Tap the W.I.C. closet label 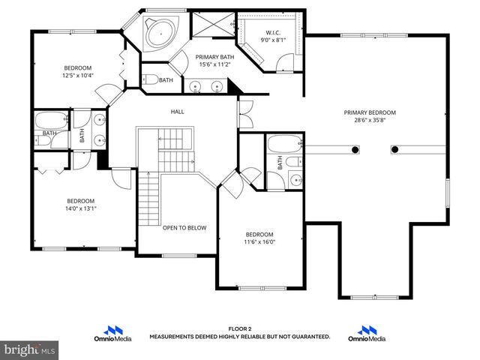pos(272,33)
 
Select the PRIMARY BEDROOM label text pos(370,112)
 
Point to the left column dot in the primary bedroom pos(354,149)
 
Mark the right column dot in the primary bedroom pos(394,149)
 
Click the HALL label pos(177,112)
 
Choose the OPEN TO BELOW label pos(184,228)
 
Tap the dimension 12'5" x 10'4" pos(78,75)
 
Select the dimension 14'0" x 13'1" pos(80,208)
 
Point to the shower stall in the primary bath pos(213,24)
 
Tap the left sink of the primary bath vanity pos(196,87)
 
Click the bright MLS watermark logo pos(30,349)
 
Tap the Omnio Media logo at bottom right pos(367,334)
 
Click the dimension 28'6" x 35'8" pos(370,120)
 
